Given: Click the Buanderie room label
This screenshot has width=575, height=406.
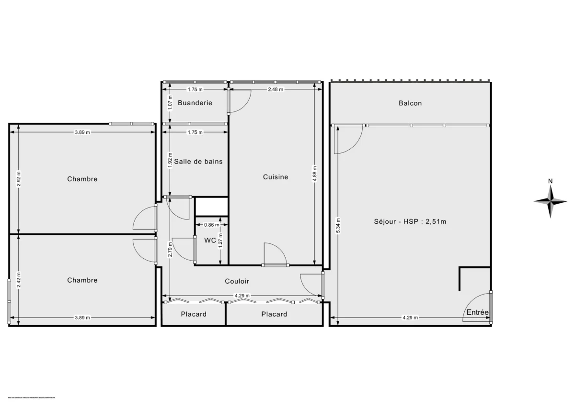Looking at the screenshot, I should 195,103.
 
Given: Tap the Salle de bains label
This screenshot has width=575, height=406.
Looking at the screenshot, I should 198,162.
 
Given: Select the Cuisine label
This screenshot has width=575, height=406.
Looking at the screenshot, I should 276,177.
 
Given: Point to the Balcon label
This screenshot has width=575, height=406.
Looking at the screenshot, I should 410,103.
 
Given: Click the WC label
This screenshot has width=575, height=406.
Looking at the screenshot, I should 210,241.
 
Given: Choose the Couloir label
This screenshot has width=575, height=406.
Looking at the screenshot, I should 237,282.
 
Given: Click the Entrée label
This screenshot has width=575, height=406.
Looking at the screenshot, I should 477,313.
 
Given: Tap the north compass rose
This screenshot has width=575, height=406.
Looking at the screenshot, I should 551,201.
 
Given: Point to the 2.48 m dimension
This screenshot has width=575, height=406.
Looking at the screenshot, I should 276,89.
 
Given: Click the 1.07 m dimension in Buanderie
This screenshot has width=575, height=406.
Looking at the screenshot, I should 170,103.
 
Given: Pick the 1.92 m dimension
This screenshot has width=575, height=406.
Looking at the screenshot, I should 170,159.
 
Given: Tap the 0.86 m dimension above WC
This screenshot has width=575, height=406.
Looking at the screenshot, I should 211,225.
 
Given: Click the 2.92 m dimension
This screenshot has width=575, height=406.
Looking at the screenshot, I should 19,179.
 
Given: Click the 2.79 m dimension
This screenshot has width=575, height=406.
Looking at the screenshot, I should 170,249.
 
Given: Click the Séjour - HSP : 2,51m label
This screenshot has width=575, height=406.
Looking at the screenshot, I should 410,221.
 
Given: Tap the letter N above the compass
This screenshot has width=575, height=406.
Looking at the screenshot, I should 551,181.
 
